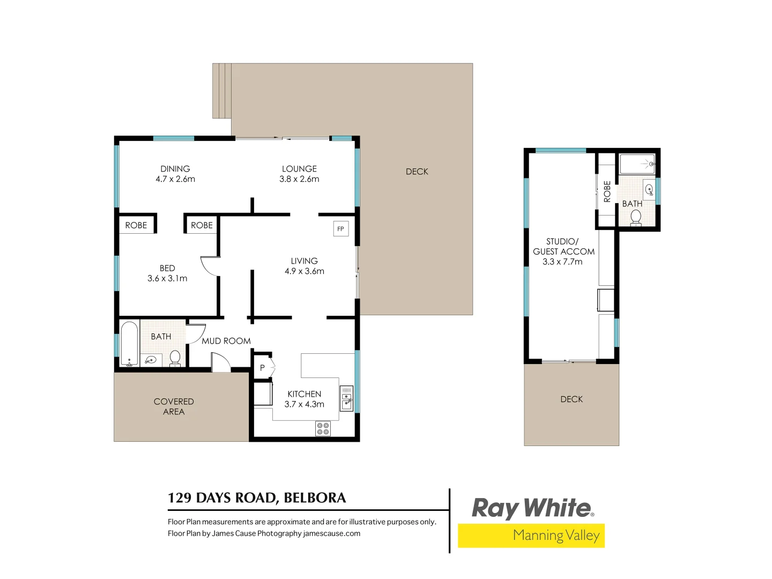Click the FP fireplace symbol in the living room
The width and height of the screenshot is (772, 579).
tap(340, 229)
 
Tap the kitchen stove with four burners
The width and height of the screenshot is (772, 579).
tap(323, 428)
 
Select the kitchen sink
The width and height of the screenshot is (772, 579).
tap(347, 399)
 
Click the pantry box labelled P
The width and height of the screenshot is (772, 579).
tap(262, 368)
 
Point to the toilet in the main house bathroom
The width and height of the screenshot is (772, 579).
tap(175, 358)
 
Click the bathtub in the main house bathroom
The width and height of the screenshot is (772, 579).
tap(129, 344)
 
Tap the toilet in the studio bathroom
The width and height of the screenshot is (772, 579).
tap(636, 218)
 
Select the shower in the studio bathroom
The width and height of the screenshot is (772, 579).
tap(637, 164)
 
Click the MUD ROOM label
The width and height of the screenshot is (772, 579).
tap(226, 341)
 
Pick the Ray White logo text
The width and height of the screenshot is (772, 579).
tap(532, 508)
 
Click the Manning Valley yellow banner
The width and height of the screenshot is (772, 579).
tap(531, 536)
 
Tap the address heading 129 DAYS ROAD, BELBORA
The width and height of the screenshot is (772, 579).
tap(257, 498)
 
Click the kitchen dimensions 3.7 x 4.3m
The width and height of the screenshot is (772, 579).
tap(304, 404)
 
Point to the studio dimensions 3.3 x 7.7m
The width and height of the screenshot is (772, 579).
tap(562, 262)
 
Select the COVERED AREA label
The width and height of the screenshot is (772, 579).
tap(174, 406)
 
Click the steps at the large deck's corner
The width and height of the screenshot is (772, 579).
tap(222, 91)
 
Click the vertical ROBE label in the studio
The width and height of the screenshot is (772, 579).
tap(607, 191)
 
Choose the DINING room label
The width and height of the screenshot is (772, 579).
tap(175, 169)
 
